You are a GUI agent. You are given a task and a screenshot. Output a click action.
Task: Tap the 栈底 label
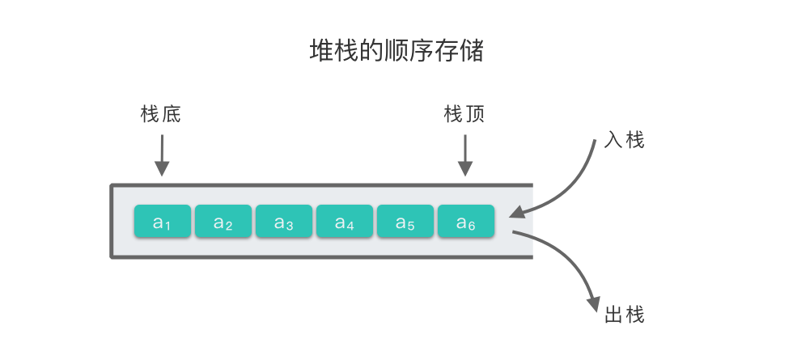(x=160, y=115)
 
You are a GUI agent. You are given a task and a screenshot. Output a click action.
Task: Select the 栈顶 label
(x=464, y=115)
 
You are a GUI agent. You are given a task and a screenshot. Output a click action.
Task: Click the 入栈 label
(x=624, y=140)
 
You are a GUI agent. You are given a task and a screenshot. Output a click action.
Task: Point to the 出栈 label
(x=624, y=315)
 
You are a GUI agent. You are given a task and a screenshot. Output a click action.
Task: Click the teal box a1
(x=163, y=222)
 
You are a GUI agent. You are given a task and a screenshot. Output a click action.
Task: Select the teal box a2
(x=223, y=222)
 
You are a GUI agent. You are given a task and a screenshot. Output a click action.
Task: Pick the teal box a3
(x=284, y=222)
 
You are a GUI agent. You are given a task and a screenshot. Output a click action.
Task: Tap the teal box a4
(x=345, y=222)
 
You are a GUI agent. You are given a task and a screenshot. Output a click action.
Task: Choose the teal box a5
(x=405, y=222)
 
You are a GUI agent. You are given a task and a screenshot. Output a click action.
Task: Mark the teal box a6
(x=466, y=222)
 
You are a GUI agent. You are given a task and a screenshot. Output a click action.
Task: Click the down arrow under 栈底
(x=163, y=155)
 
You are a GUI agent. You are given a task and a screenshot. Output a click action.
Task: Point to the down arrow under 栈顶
(x=465, y=155)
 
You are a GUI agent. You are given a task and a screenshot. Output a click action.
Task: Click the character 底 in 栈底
(x=171, y=115)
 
